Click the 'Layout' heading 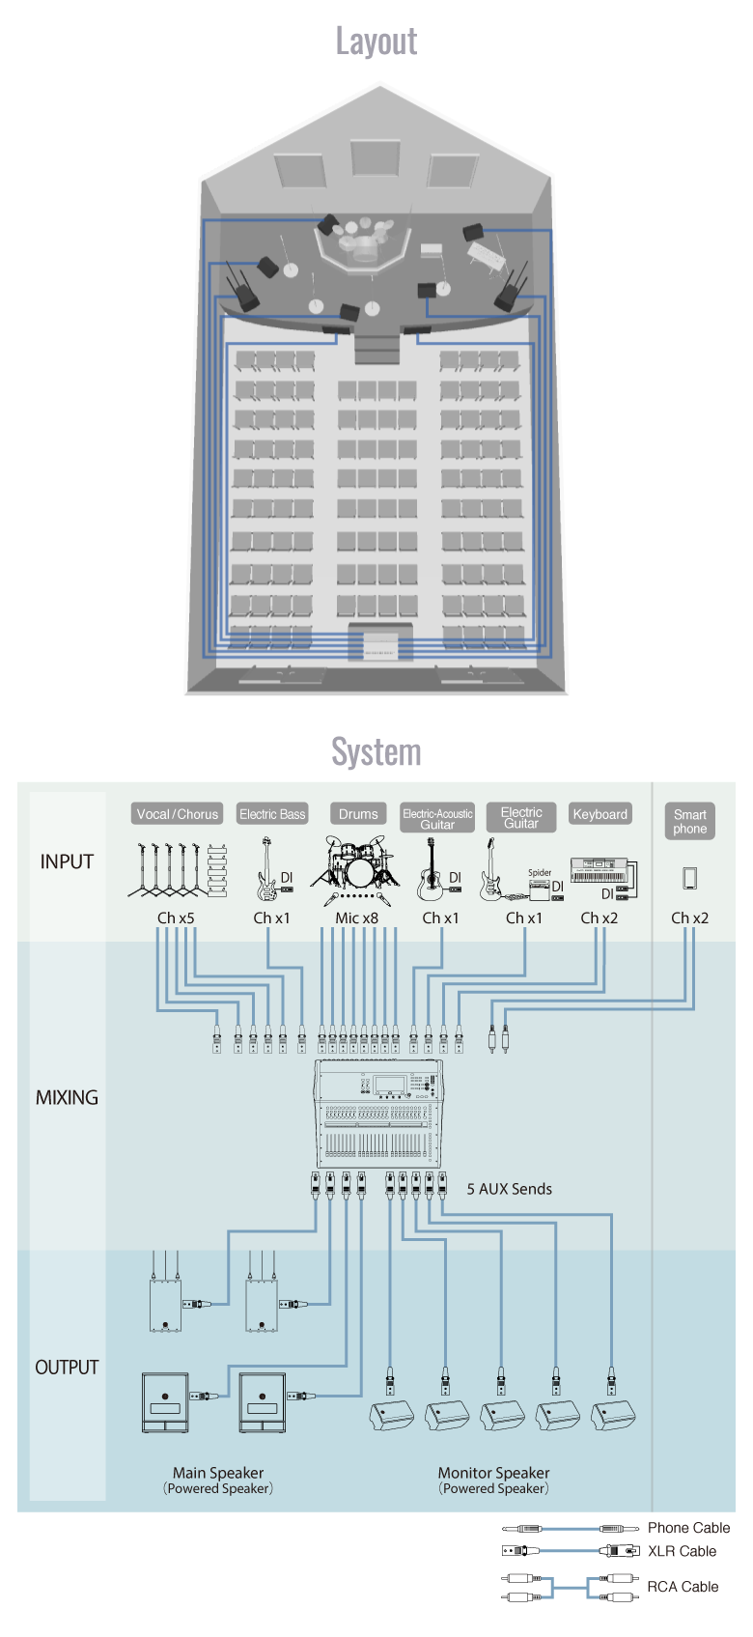click(376, 42)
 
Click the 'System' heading click(376, 752)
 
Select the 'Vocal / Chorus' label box click(178, 814)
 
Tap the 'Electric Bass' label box click(272, 814)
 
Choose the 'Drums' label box click(358, 814)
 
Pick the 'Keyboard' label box click(600, 814)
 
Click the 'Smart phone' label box click(689, 821)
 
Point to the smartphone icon click(689, 878)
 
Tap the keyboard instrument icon click(599, 869)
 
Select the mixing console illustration click(380, 1114)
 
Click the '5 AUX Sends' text click(509, 1189)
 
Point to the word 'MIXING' click(67, 1097)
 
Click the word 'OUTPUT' click(67, 1368)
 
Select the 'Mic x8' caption click(356, 918)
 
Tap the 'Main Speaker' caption click(218, 1473)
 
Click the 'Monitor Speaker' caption click(493, 1473)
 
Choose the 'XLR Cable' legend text click(682, 1551)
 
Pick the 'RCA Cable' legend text click(683, 1587)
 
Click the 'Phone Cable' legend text click(688, 1528)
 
